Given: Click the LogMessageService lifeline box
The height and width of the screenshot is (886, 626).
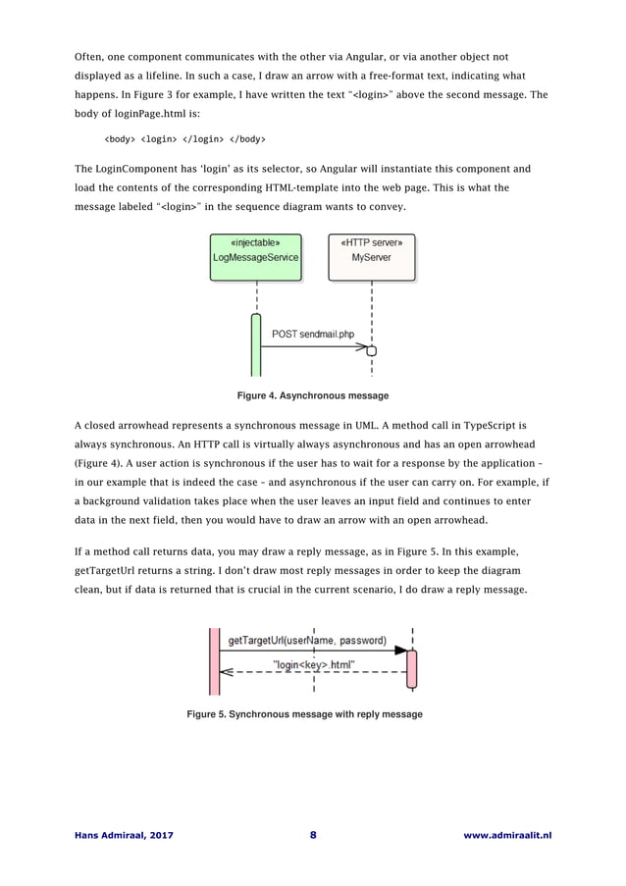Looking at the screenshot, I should (256, 257).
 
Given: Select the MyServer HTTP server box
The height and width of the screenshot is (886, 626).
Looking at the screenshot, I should (371, 257).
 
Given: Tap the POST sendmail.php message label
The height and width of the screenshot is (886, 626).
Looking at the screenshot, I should (312, 334).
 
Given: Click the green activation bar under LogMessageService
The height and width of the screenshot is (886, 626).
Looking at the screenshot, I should (256, 345).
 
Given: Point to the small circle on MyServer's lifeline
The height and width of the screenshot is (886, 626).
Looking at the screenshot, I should (372, 348).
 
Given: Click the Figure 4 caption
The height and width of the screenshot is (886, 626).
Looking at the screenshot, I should (313, 395).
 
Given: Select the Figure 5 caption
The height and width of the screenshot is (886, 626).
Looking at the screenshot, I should (305, 714).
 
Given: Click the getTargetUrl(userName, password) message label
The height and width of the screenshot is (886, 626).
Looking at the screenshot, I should (307, 641).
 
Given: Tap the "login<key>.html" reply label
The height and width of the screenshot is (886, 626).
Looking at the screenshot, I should (314, 664).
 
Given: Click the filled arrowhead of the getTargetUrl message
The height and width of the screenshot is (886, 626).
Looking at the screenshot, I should (400, 651).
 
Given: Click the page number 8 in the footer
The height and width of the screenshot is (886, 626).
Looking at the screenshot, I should (313, 835).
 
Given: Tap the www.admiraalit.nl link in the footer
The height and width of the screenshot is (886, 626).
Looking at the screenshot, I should (506, 835).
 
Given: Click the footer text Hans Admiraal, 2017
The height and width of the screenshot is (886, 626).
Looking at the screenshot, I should (122, 835).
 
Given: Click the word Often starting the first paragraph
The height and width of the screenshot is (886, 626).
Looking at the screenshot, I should (91, 56).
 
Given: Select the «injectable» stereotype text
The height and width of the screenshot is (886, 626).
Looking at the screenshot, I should (256, 241).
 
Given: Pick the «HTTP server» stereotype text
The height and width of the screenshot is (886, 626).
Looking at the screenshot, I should (371, 241).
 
